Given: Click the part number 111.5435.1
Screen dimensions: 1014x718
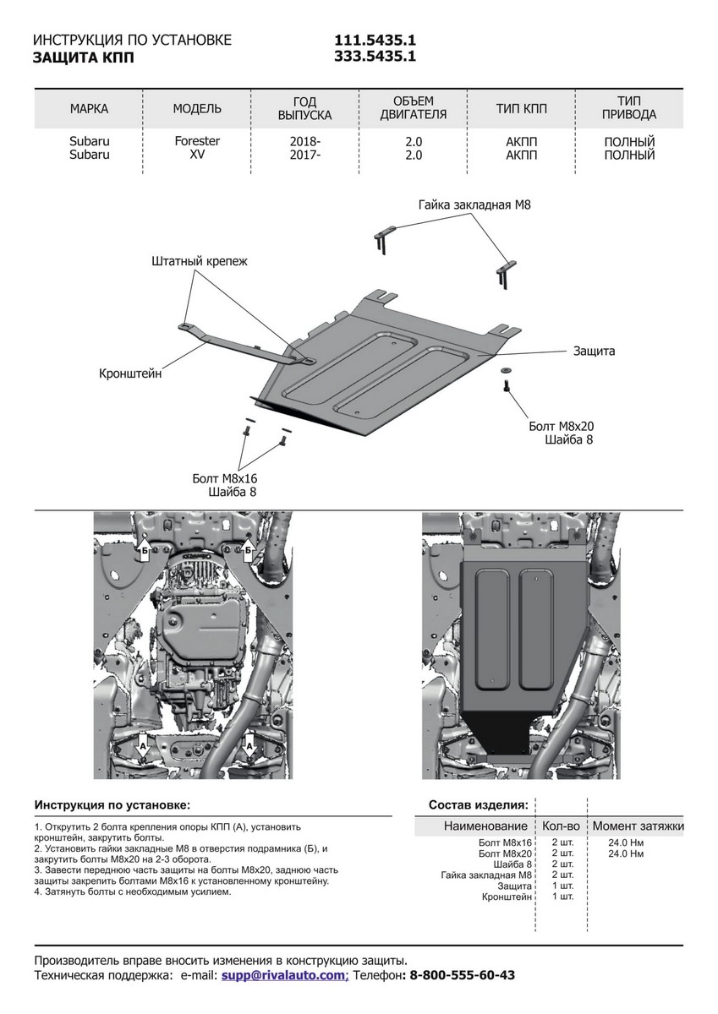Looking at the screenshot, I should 375,41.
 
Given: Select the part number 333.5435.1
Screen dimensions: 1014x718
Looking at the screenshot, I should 375,57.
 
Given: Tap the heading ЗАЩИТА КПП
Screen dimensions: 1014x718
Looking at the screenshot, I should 83,58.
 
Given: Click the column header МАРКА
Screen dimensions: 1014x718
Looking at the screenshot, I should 89,109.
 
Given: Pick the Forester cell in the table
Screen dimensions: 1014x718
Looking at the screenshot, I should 197,142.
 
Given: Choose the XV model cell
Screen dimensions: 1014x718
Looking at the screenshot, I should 197,155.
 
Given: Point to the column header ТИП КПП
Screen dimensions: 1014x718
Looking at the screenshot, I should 521,109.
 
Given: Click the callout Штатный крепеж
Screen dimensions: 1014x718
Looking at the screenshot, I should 200,261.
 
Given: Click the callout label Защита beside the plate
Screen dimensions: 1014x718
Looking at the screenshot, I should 594,350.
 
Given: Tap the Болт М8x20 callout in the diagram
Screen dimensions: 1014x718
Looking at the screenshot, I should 560,427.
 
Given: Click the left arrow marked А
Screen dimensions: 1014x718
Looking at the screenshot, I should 144,745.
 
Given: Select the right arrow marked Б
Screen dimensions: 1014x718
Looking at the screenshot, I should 249,551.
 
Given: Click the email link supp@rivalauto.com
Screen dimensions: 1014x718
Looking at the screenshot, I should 284,975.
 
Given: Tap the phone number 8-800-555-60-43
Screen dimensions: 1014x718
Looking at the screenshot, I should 462,975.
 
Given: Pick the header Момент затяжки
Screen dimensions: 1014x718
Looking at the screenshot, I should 638,826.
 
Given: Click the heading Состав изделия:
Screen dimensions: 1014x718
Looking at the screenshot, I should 479,804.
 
